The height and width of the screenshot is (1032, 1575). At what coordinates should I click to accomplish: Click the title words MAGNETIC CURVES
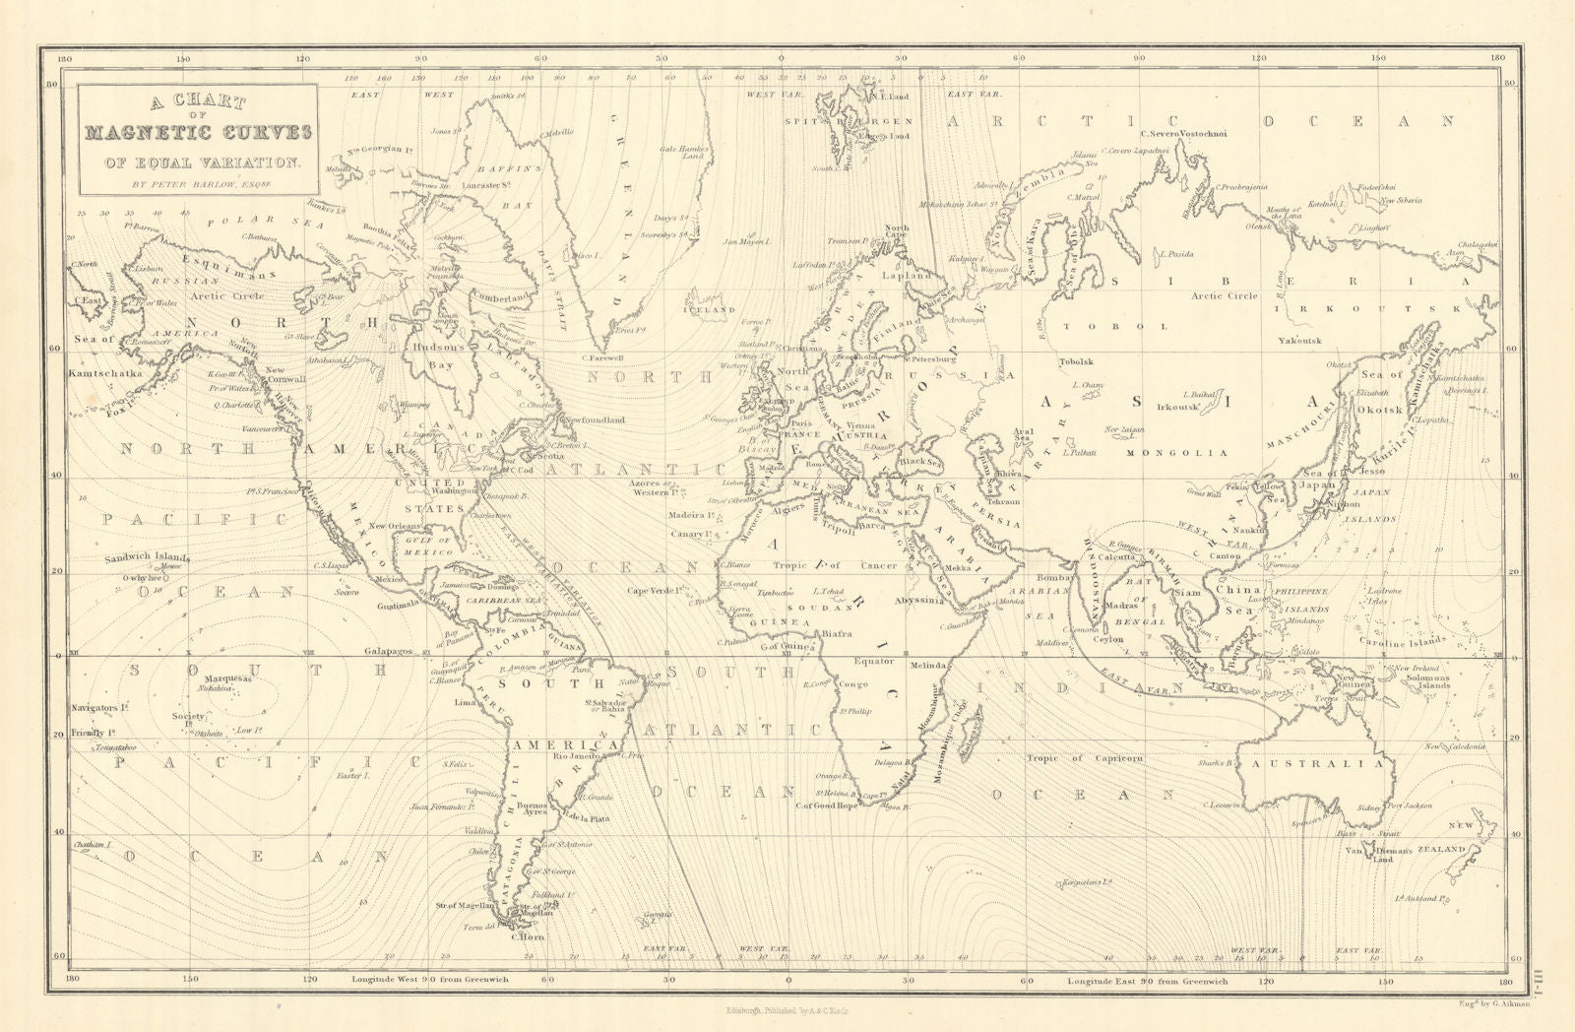pos(198,133)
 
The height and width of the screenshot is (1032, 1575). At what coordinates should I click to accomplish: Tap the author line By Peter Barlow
pos(197,182)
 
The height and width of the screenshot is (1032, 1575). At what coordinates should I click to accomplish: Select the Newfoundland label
pos(594,419)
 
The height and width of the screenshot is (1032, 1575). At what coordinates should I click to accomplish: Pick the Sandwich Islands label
pos(147,558)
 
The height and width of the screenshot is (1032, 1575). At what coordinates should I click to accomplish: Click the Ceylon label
pos(1107,639)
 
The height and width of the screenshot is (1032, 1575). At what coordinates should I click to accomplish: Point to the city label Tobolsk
pos(1075,362)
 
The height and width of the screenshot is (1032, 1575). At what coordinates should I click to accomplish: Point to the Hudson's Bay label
pos(438,355)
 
